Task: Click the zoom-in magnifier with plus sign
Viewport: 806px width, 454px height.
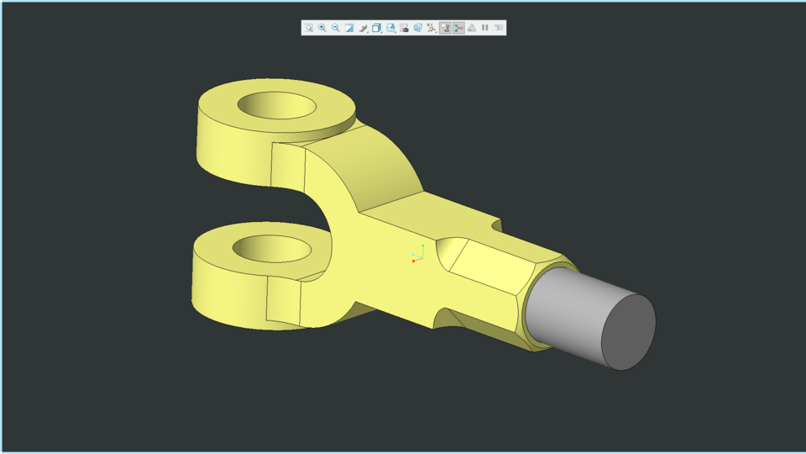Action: tap(322, 28)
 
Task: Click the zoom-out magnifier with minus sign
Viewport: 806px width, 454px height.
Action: tap(336, 28)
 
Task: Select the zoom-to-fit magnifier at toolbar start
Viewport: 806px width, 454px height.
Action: tap(309, 28)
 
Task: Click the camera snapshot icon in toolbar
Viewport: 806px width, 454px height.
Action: tap(405, 28)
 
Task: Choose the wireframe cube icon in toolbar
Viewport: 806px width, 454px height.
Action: tap(377, 28)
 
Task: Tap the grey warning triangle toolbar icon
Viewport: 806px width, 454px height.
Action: tap(472, 28)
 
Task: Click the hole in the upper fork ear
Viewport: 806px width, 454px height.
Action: tap(277, 106)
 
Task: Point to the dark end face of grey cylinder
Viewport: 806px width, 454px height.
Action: tap(628, 332)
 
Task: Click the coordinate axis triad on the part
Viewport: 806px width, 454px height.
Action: tap(418, 254)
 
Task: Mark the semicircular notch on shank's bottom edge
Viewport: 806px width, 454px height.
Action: tap(443, 317)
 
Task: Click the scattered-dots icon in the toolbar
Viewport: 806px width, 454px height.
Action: tap(432, 28)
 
